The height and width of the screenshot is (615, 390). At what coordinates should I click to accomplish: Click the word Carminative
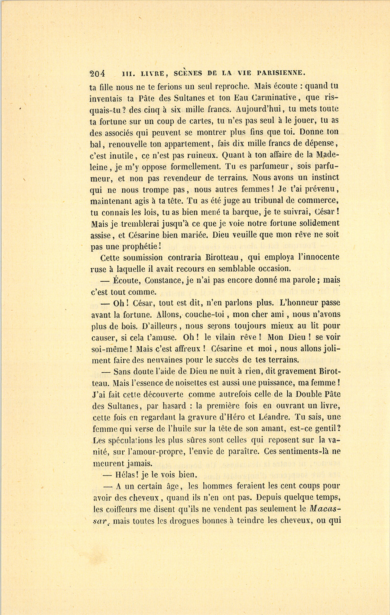(x=266, y=98)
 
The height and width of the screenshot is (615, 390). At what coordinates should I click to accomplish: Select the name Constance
(x=164, y=280)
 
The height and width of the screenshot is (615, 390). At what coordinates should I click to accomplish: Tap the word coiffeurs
(x=120, y=509)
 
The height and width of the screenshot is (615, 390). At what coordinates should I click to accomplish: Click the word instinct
(x=322, y=178)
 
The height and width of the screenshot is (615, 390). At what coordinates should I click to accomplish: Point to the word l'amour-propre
(x=153, y=452)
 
